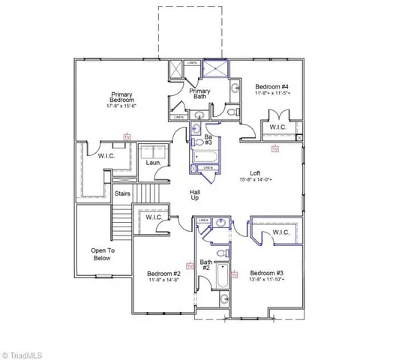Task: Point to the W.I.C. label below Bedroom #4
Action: pyautogui.click(x=277, y=128)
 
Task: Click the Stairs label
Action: pyautogui.click(x=123, y=193)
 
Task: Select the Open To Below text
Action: pyautogui.click(x=101, y=254)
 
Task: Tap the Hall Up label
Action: pyautogui.click(x=193, y=196)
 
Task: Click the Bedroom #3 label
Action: pyautogui.click(x=266, y=272)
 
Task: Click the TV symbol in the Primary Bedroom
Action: pyautogui.click(x=127, y=136)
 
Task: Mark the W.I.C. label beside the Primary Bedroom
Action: pyautogui.click(x=105, y=156)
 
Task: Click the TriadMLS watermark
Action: pyautogui.click(x=25, y=353)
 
